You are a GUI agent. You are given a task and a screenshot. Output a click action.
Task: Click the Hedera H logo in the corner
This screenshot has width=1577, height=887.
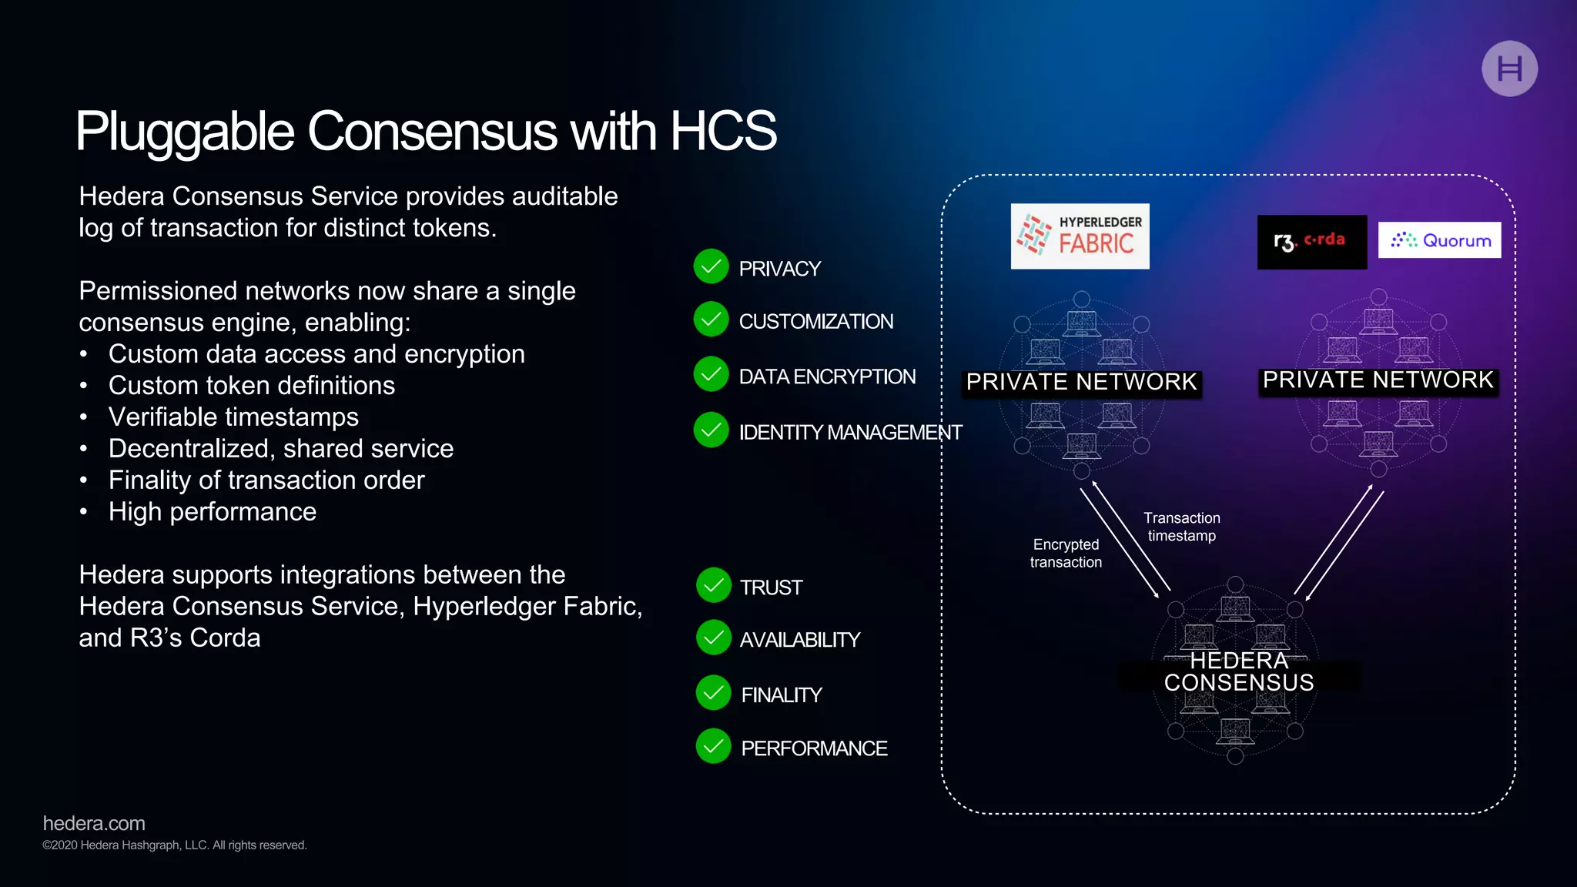(x=1509, y=69)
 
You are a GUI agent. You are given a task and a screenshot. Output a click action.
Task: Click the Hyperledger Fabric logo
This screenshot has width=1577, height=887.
(x=1080, y=236)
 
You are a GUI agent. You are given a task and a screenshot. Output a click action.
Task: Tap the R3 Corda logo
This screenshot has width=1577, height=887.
(x=1311, y=242)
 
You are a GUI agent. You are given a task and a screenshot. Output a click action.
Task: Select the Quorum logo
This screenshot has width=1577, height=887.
(x=1439, y=240)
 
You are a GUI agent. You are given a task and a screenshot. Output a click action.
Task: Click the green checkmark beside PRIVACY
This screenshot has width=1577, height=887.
(x=711, y=267)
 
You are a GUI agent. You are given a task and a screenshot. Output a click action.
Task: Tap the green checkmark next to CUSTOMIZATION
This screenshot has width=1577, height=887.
(x=711, y=320)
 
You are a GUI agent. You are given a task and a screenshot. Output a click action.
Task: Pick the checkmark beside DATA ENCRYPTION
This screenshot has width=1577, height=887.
(x=711, y=375)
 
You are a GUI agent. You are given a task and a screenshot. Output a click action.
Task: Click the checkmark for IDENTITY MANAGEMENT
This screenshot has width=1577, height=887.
(x=711, y=430)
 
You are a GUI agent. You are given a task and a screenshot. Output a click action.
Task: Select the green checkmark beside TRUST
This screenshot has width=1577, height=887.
(x=713, y=586)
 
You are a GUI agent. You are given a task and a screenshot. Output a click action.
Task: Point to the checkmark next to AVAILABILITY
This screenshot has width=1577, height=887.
(x=713, y=638)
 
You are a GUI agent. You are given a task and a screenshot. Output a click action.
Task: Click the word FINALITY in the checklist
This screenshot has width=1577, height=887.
(x=782, y=695)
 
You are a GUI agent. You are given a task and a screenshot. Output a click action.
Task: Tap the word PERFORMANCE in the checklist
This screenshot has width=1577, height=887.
(x=814, y=748)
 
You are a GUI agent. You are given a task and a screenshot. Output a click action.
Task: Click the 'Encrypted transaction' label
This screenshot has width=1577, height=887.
(x=1066, y=554)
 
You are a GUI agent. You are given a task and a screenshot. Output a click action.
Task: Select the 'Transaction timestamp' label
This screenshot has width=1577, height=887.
(x=1181, y=527)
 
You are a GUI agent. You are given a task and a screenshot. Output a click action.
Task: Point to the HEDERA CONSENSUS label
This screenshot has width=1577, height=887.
(x=1238, y=672)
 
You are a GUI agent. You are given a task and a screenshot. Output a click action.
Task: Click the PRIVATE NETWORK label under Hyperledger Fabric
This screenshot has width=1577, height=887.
(x=1081, y=382)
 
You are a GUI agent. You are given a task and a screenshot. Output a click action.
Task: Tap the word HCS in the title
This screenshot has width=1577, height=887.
(x=723, y=131)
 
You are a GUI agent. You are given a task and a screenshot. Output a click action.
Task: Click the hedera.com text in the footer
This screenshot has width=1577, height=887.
(x=94, y=823)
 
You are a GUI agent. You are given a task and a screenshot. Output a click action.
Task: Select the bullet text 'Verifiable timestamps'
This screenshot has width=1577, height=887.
(x=233, y=417)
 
